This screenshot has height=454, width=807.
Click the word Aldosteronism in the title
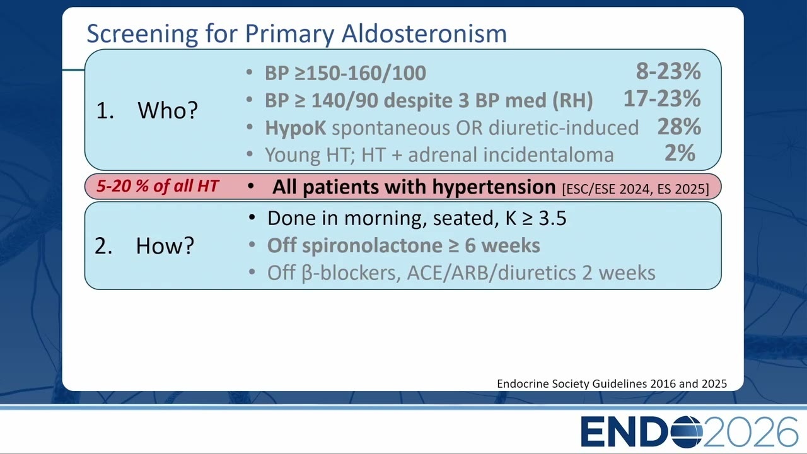(x=424, y=33)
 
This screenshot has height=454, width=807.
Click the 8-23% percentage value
(x=668, y=71)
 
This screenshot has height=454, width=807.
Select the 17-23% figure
(x=662, y=98)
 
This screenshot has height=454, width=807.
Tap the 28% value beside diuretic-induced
(x=679, y=126)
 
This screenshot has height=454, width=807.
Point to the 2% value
(x=680, y=153)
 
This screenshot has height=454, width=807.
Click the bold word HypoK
(x=296, y=128)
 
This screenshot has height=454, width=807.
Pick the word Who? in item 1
(x=168, y=110)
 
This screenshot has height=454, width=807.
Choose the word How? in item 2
(x=165, y=246)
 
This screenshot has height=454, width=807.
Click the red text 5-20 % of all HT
(x=158, y=186)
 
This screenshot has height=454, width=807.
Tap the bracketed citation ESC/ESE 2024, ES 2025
(x=635, y=189)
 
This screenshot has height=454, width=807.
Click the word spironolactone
(x=372, y=246)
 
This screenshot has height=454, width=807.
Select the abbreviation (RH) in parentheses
(x=572, y=100)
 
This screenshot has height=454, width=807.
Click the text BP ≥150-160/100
(x=345, y=73)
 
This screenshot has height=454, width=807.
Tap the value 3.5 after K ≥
(x=552, y=218)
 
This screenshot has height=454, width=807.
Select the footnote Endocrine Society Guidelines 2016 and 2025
(x=612, y=384)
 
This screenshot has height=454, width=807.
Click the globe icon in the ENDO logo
(x=687, y=432)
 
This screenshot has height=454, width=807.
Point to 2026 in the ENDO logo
(x=750, y=432)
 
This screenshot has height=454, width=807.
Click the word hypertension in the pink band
(x=494, y=187)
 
